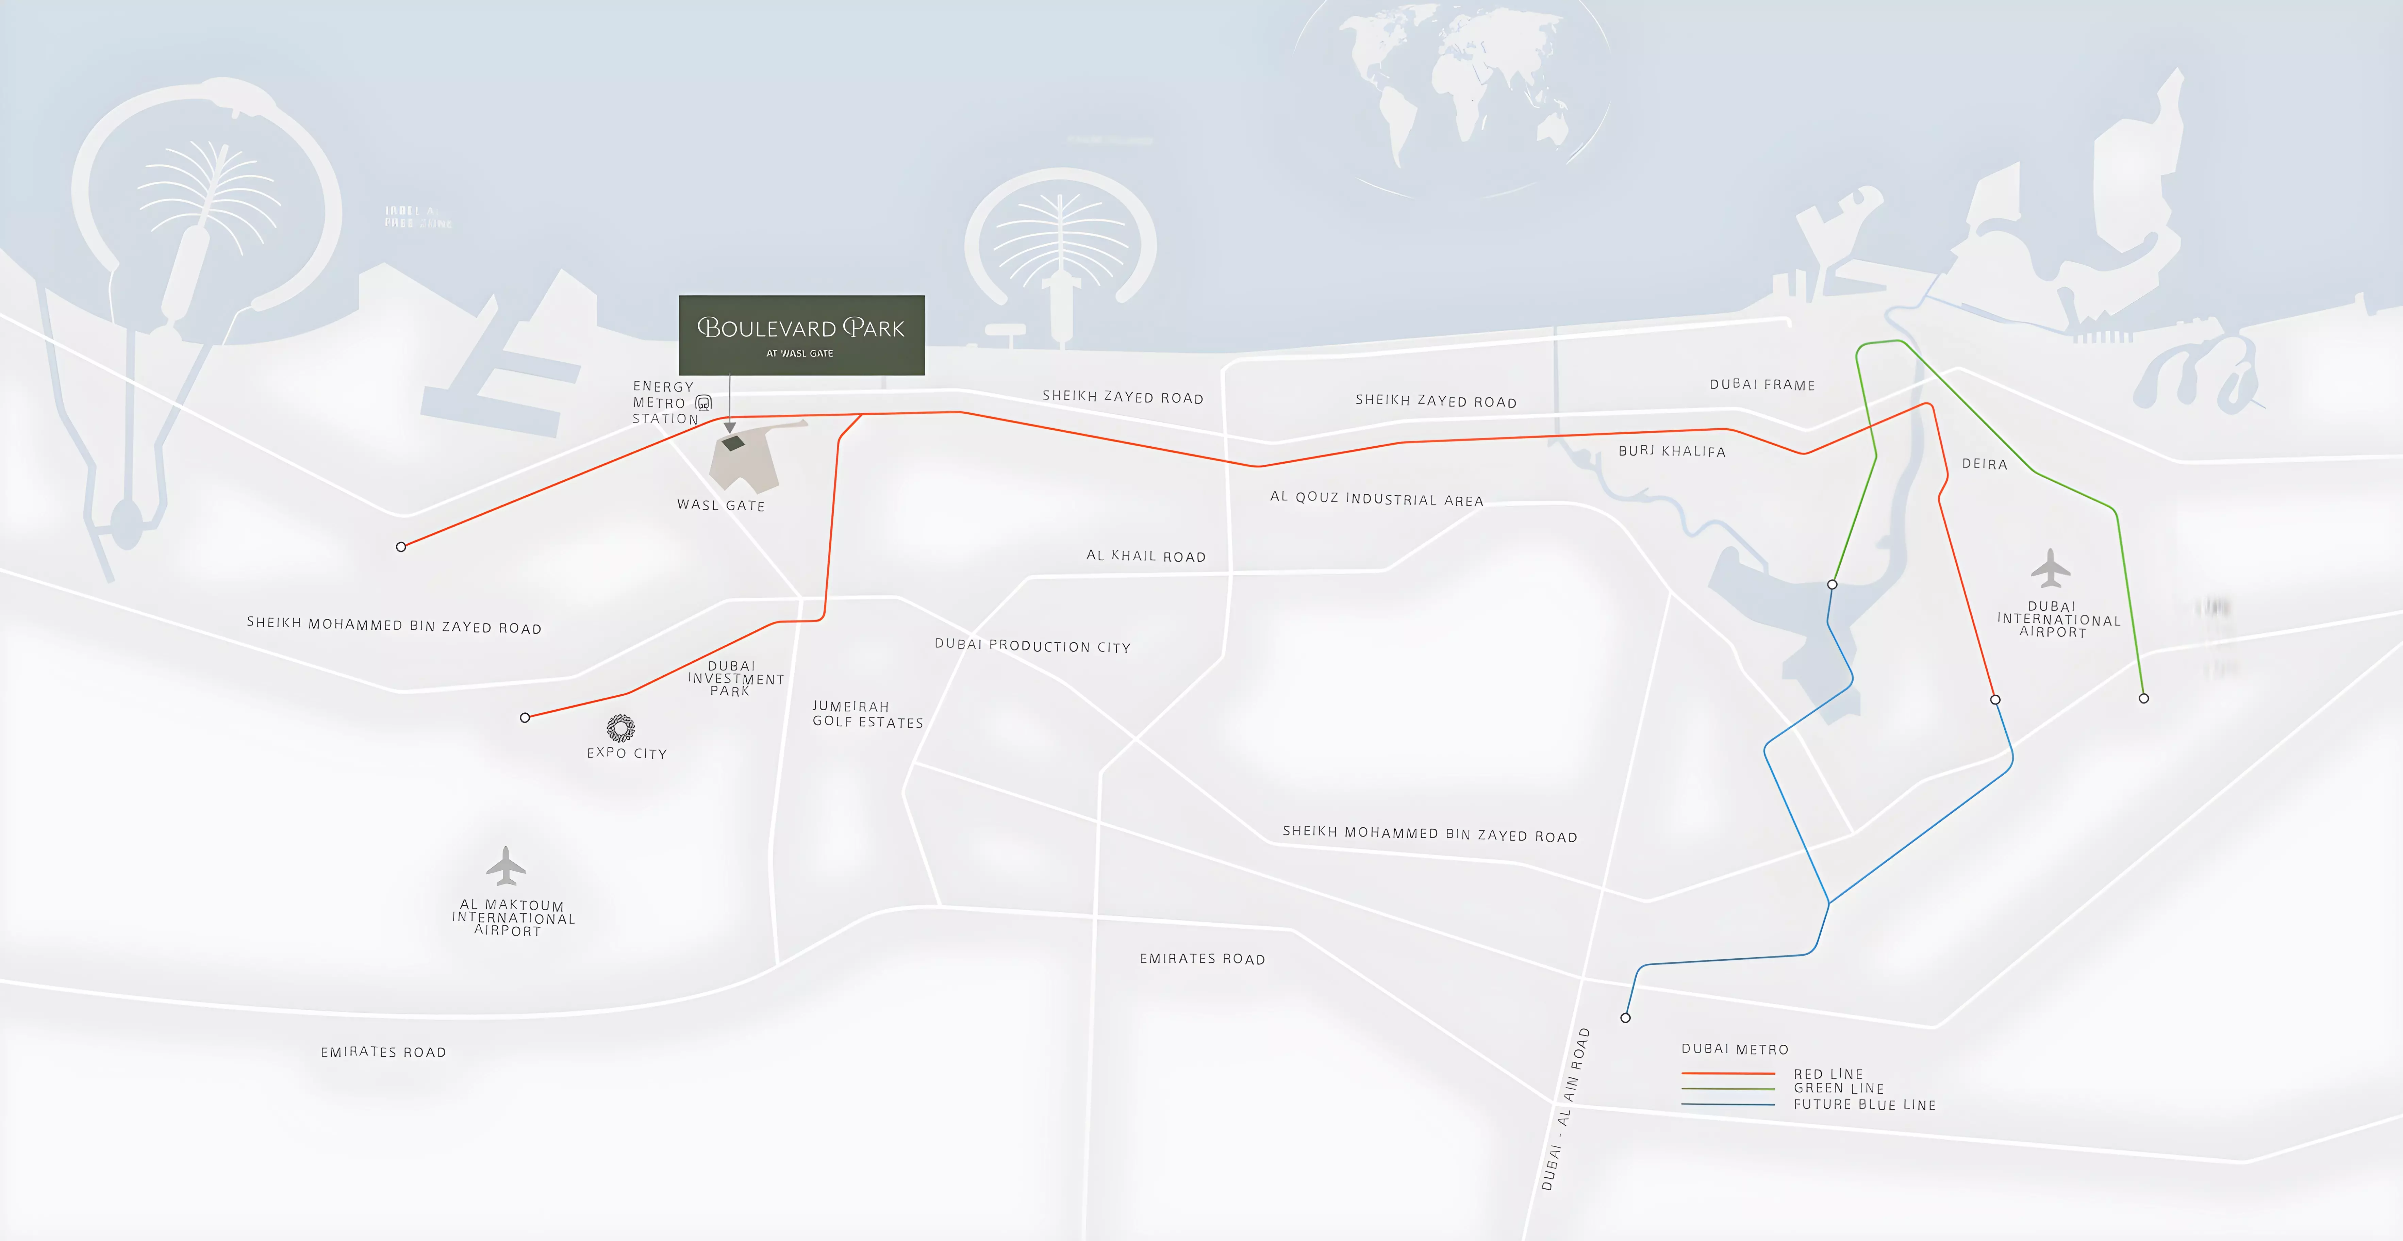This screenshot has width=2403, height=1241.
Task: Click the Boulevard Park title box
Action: click(801, 335)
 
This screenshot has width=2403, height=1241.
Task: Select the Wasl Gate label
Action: click(720, 505)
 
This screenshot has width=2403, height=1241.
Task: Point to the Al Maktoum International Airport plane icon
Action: click(506, 866)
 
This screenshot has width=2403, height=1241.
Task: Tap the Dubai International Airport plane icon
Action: click(2050, 568)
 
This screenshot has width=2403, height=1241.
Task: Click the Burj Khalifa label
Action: click(1672, 451)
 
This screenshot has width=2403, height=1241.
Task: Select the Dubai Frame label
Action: click(1762, 384)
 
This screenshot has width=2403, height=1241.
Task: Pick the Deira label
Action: click(1984, 464)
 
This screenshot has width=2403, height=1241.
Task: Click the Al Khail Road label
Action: click(1145, 556)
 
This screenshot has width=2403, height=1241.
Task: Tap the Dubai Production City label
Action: click(1032, 646)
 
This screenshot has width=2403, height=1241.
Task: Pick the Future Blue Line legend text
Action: click(1864, 1105)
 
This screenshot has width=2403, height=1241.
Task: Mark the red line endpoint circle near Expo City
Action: click(525, 717)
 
